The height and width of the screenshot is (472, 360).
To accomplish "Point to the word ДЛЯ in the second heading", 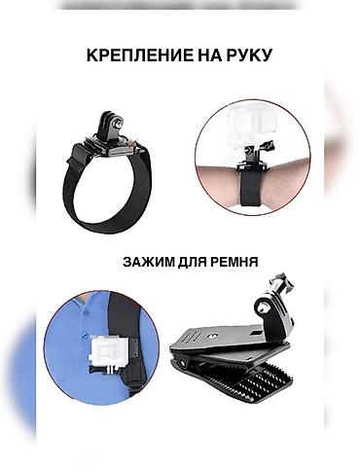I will click(197, 263).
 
